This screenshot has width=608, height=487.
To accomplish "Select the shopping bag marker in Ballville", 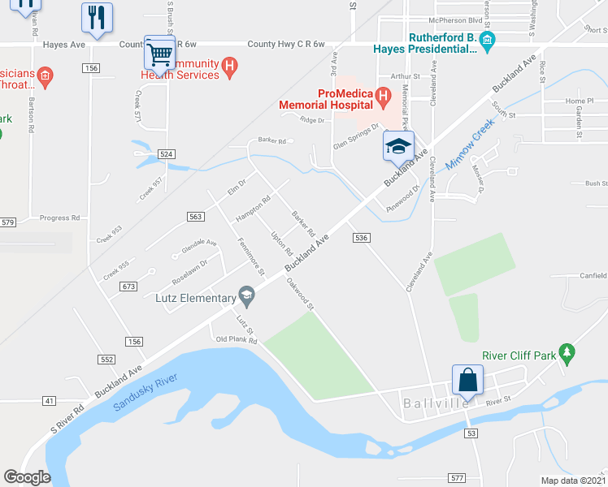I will pyautogui.click(x=467, y=380).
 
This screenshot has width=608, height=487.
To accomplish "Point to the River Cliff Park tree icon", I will pyautogui.click(x=568, y=355).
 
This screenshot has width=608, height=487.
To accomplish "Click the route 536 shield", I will pyautogui.click(x=362, y=237).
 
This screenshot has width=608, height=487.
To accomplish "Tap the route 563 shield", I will pyautogui.click(x=195, y=216).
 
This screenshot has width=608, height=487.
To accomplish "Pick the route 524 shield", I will pyautogui.click(x=167, y=153).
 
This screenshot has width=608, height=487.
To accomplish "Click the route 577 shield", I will pyautogui.click(x=457, y=477).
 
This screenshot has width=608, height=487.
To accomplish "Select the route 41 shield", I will pyautogui.click(x=50, y=401).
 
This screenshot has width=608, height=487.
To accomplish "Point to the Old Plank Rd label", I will pyautogui.click(x=236, y=340).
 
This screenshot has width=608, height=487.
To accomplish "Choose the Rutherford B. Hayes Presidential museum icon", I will pyautogui.click(x=487, y=41).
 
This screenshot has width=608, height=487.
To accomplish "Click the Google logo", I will pyautogui.click(x=27, y=477).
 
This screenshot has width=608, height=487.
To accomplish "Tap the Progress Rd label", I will pyautogui.click(x=59, y=218).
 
